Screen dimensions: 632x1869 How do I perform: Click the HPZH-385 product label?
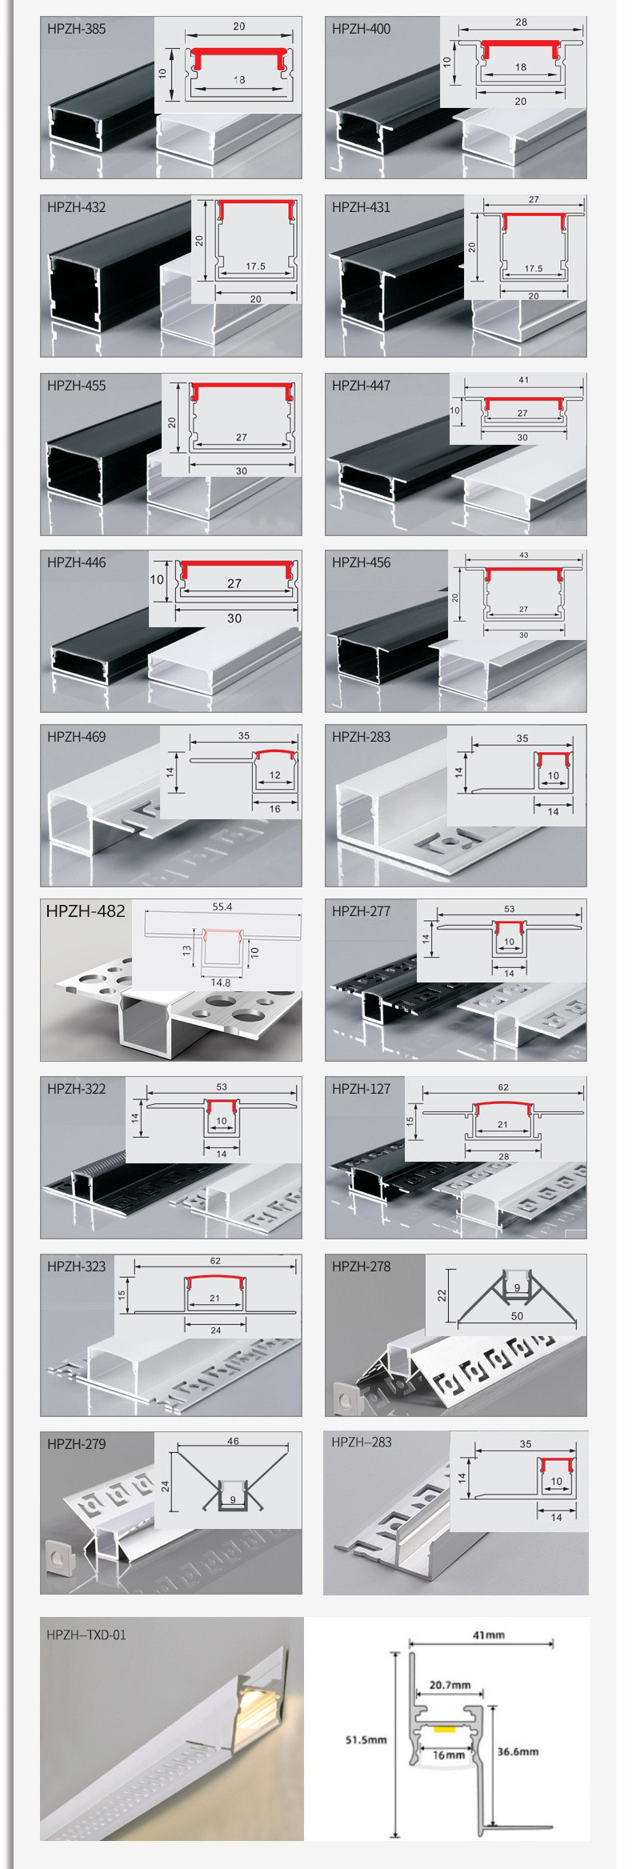point(76,30)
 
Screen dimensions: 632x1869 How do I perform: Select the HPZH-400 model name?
point(362,30)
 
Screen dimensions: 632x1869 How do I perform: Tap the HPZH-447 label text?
point(362,386)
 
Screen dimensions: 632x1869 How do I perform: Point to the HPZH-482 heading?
point(86,911)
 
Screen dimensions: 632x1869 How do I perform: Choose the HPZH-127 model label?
point(361,1088)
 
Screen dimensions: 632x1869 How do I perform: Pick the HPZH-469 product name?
point(76,737)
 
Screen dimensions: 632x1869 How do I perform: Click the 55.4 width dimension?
point(222,907)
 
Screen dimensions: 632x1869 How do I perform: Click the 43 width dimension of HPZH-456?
point(523,555)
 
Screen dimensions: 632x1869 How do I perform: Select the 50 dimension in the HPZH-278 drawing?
point(517,1315)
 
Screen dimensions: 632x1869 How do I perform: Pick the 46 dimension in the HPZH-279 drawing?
point(233,1442)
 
